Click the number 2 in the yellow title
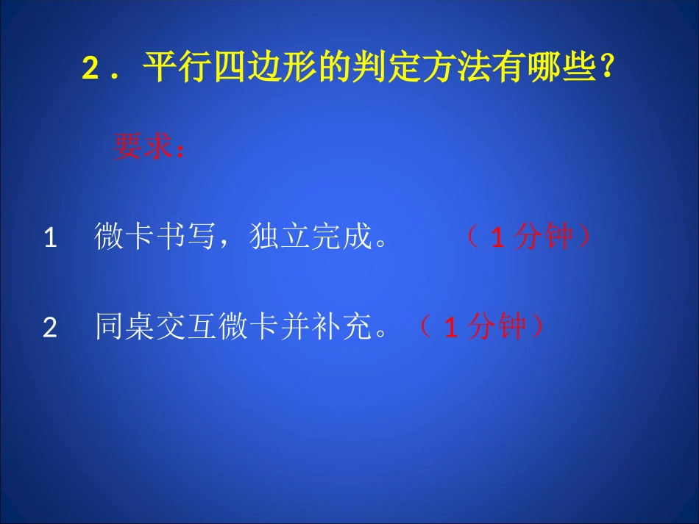click(x=91, y=71)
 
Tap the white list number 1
click(x=51, y=238)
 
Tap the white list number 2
click(x=50, y=328)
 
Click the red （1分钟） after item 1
click(x=528, y=237)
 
